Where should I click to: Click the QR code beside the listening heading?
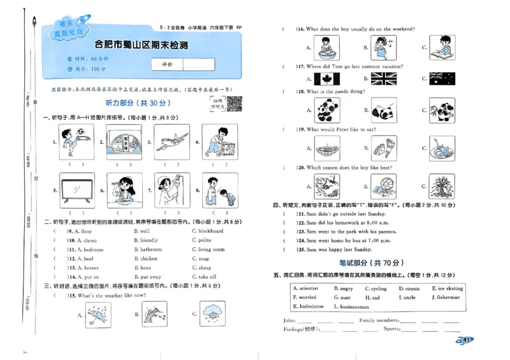(234, 103)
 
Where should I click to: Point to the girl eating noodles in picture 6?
(124, 190)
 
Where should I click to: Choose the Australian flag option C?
(442, 78)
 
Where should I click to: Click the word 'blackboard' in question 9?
(210, 231)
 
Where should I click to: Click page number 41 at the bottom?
(466, 340)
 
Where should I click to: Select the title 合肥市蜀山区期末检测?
(141, 45)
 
